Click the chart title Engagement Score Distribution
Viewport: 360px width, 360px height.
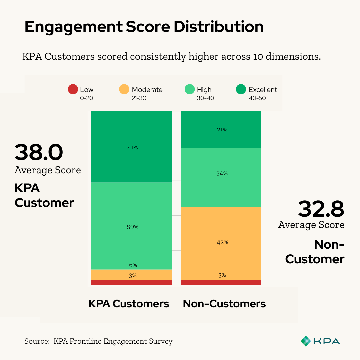(x=144, y=27)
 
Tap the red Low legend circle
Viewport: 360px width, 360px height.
(x=73, y=89)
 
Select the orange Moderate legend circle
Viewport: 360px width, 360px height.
(x=124, y=89)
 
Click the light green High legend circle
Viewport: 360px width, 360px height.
(x=189, y=89)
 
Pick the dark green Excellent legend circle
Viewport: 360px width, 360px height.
(x=241, y=89)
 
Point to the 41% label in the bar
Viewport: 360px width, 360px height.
(x=132, y=148)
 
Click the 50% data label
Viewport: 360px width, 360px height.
(x=132, y=227)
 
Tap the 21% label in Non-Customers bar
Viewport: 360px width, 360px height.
(x=222, y=130)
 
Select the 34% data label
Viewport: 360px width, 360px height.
(x=222, y=173)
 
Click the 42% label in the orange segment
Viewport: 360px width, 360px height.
(x=222, y=242)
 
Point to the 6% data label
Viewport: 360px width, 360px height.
(x=133, y=265)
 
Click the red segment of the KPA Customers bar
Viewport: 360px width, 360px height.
(x=131, y=283)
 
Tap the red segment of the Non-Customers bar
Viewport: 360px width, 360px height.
(x=221, y=283)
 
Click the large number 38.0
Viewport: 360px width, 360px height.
(x=39, y=152)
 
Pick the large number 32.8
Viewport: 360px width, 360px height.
(x=321, y=209)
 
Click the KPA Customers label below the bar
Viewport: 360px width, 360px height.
(x=129, y=304)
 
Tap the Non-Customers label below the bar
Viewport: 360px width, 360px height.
(x=224, y=304)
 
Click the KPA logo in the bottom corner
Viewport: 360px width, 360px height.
(x=320, y=341)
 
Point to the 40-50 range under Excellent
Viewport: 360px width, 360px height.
(x=257, y=98)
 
